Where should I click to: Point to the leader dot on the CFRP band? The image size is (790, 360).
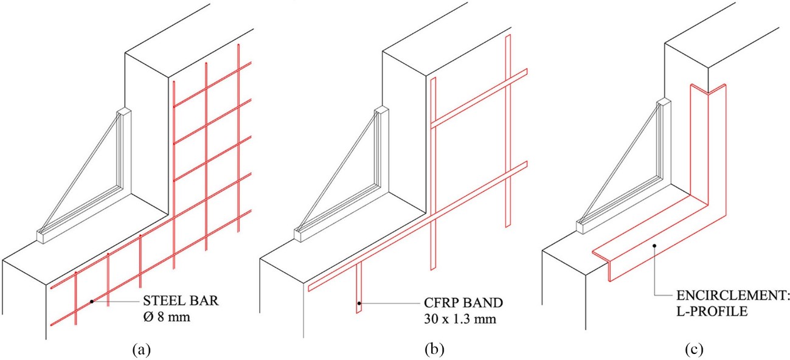click(x=359, y=302)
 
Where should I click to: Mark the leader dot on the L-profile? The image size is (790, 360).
click(x=653, y=246)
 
